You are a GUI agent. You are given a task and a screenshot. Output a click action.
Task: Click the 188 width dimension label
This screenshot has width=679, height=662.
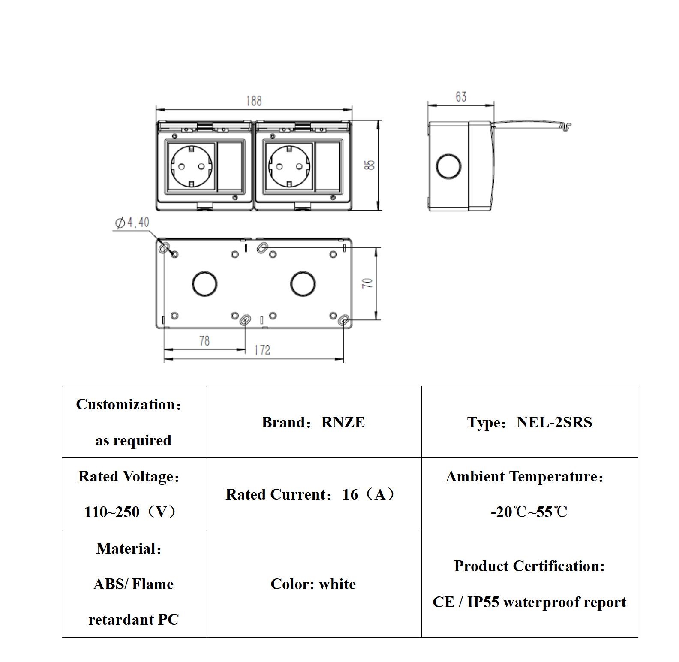(x=254, y=101)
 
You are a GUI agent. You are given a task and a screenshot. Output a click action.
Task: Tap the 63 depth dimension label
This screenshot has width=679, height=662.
(x=461, y=97)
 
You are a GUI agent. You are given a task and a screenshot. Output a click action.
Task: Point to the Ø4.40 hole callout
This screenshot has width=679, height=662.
(x=132, y=223)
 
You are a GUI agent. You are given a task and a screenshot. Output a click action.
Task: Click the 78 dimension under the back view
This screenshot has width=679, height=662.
(x=204, y=341)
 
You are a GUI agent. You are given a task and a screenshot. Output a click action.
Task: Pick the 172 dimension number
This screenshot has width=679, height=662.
(x=262, y=350)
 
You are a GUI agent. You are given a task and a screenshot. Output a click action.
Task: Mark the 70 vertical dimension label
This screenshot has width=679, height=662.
(x=368, y=283)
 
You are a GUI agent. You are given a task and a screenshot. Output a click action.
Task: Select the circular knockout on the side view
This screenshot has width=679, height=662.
(x=448, y=166)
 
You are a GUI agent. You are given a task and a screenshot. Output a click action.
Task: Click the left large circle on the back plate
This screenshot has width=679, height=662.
(x=204, y=283)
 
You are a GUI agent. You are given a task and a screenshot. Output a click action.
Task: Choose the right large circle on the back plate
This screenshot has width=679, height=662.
(x=303, y=283)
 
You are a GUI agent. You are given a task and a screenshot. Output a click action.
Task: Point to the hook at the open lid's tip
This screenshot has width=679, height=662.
(x=567, y=126)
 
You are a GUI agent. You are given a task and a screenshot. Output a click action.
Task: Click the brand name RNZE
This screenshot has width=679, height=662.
(x=343, y=422)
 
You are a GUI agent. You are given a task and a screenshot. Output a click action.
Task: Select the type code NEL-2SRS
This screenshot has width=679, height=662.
(x=554, y=422)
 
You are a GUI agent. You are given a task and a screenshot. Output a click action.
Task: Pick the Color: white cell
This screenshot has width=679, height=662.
(x=313, y=584)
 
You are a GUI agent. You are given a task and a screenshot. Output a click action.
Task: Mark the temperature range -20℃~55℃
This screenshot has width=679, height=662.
(x=529, y=512)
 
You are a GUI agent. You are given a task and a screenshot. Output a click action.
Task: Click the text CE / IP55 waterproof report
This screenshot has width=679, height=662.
(x=529, y=602)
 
